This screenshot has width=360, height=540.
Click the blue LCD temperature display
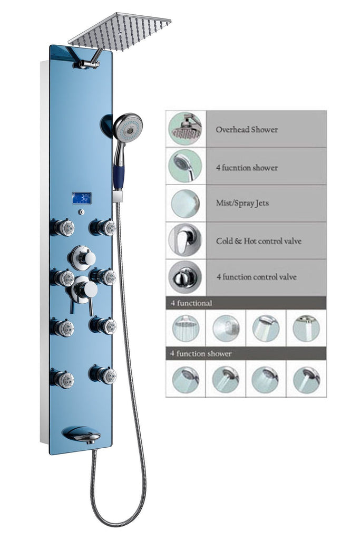pyautogui.click(x=82, y=198)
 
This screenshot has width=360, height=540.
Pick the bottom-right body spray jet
pyautogui.click(x=104, y=375)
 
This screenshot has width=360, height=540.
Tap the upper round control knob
pyautogui.click(x=83, y=258)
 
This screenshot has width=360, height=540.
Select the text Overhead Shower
pyautogui.click(x=246, y=129)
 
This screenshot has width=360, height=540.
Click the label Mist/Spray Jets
pyautogui.click(x=242, y=203)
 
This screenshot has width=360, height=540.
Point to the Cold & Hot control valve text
pyautogui.click(x=258, y=241)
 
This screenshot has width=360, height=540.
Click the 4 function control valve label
pyautogui.click(x=256, y=277)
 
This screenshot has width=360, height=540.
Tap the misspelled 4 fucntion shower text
pyautogui.click(x=246, y=168)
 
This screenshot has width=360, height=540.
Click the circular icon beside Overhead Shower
pyautogui.click(x=185, y=129)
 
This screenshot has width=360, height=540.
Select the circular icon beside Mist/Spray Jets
pyautogui.click(x=185, y=204)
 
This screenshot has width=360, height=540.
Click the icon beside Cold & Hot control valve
pyautogui.click(x=185, y=240)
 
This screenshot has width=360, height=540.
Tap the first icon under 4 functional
pyautogui.click(x=186, y=328)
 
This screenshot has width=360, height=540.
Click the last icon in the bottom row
pyautogui.click(x=306, y=379)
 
